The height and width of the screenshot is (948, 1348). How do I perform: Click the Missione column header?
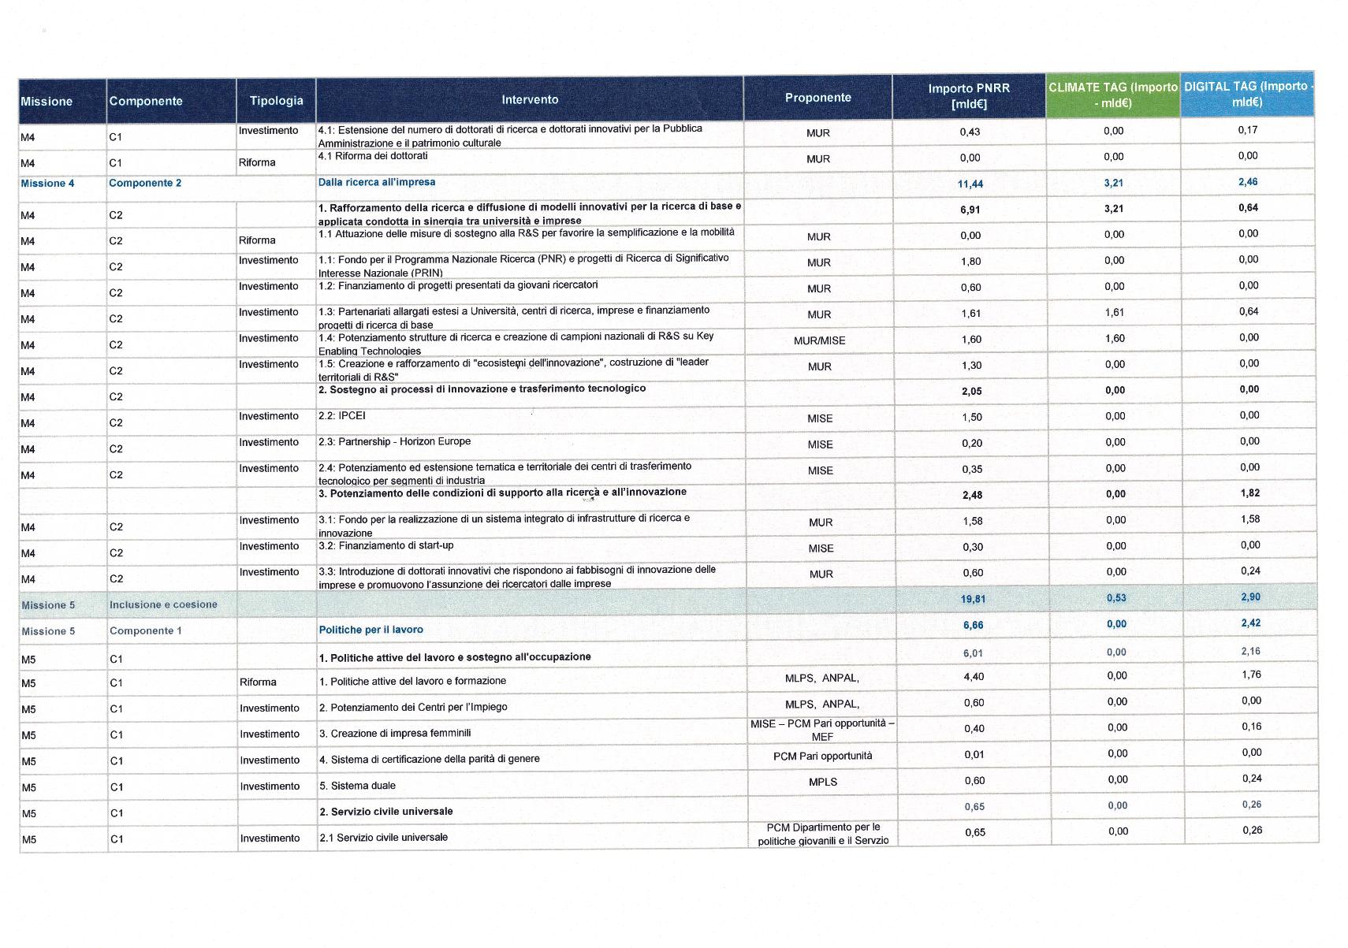[x=47, y=102]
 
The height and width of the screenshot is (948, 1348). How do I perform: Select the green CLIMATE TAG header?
[x=1112, y=95]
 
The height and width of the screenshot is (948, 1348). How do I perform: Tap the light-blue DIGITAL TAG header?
[x=1247, y=95]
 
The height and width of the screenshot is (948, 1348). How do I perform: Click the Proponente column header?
[x=817, y=98]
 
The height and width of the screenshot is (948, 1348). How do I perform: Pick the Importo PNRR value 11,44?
[x=970, y=184]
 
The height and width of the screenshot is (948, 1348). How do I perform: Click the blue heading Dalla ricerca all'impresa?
[x=377, y=182]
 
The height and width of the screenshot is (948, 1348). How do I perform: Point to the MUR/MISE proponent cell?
[x=819, y=340]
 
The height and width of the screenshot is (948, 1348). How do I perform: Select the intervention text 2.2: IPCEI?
[x=342, y=416]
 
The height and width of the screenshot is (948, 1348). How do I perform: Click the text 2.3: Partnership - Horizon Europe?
[x=394, y=442]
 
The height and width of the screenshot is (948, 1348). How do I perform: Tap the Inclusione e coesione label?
[x=163, y=605]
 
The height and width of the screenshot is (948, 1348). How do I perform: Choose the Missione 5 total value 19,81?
[x=973, y=600]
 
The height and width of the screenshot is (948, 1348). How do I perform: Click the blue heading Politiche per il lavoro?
[x=371, y=630]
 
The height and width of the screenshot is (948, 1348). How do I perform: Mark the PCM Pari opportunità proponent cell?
[x=822, y=757]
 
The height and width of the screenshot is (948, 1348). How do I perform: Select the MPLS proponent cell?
[x=822, y=782]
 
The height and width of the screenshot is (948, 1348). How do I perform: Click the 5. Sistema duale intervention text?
[x=357, y=786]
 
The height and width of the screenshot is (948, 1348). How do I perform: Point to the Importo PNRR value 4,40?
[x=974, y=677]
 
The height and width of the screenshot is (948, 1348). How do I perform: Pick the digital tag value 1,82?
[x=1249, y=493]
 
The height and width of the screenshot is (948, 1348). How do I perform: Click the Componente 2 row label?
[x=145, y=183]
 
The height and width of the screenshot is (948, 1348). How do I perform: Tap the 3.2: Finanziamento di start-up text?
[x=386, y=545]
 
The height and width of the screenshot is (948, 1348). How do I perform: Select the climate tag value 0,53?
[x=1116, y=598]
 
